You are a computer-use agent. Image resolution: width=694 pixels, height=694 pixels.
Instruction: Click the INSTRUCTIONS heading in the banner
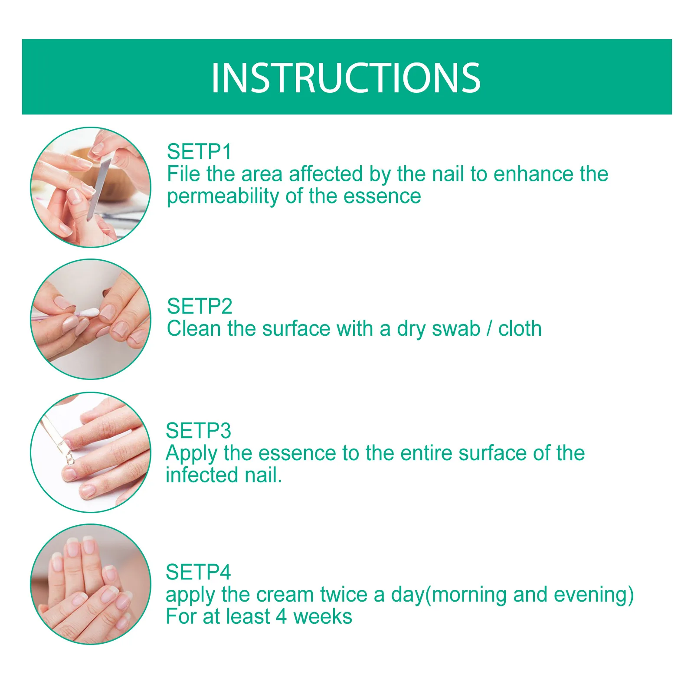coord(346,78)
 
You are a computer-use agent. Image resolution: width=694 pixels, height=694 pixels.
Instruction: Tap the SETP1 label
coord(199,152)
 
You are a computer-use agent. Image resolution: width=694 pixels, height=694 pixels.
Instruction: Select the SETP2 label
coord(200,306)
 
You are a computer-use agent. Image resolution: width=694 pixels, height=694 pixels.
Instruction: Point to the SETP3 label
coord(198,431)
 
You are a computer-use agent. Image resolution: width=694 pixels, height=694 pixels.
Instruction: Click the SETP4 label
coord(198,572)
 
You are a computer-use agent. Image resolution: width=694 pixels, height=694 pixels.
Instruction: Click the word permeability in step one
coord(223,196)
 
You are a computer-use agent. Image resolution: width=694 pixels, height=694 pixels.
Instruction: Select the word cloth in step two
coord(520,329)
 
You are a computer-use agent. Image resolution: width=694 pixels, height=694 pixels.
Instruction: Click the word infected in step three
coord(202,475)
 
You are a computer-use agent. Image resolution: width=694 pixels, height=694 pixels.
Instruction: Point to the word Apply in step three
coord(191,454)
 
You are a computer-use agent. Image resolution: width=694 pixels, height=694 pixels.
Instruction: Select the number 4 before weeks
coord(281,617)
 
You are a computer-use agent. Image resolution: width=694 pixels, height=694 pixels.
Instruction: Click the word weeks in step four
coord(323,617)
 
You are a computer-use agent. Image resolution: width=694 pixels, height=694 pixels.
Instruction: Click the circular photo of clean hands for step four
coord(91,584)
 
